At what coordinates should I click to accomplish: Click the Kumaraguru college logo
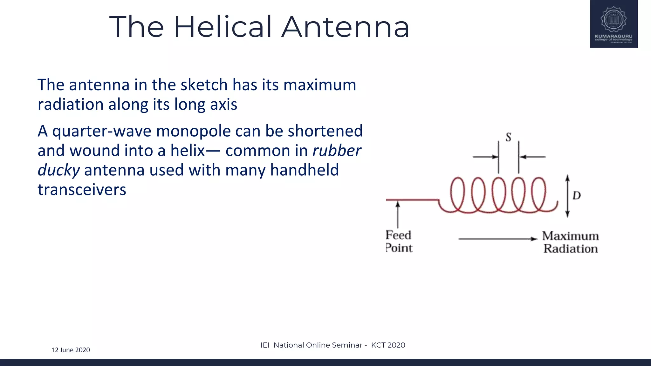[613, 24]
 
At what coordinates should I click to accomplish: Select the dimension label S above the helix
[508, 137]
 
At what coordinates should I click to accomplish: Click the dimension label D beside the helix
[577, 195]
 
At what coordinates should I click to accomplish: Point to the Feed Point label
[399, 241]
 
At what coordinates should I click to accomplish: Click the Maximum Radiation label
[571, 242]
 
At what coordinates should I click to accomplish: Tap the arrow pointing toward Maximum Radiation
[497, 239]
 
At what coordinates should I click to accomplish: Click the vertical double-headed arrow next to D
[567, 196]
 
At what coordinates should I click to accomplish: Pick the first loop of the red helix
[458, 194]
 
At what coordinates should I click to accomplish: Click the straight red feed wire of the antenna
[412, 200]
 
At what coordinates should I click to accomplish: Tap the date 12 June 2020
[71, 350]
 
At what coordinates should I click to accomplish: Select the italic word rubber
[337, 151]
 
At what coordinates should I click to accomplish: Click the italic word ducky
[58, 170]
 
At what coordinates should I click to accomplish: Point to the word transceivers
[82, 190]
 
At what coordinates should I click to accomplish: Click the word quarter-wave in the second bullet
[102, 131]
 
